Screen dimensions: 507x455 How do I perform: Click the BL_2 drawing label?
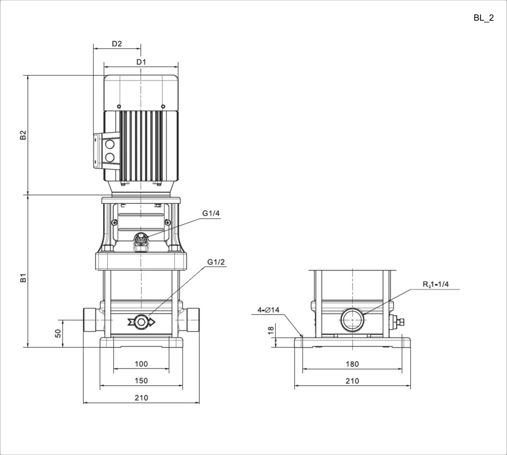tap(483, 18)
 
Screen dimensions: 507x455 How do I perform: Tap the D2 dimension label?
tap(117, 44)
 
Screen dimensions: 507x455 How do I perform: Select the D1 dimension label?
tap(141, 62)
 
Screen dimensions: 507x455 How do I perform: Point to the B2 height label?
tap(23, 135)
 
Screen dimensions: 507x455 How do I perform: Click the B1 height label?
tap(23, 278)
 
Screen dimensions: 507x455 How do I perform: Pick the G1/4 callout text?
tap(211, 213)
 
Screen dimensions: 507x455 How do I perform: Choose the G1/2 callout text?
tap(216, 262)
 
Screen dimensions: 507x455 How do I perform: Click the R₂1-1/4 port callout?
tap(436, 284)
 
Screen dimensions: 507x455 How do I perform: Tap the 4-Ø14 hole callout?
tap(269, 310)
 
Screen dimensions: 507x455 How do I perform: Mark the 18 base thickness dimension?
tap(271, 330)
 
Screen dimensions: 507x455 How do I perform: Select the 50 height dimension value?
tap(58, 334)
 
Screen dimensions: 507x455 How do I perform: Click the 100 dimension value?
tap(142, 364)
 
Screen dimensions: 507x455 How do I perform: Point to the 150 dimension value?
tap(142, 381)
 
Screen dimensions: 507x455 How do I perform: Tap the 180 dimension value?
tap(352, 364)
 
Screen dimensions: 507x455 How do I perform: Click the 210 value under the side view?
tap(352, 381)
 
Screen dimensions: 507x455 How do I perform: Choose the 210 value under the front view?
tap(142, 397)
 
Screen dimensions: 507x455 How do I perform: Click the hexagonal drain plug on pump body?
tap(141, 322)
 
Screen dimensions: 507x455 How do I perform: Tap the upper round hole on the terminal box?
tap(109, 144)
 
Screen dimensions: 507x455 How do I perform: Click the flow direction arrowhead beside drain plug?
tap(152, 322)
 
